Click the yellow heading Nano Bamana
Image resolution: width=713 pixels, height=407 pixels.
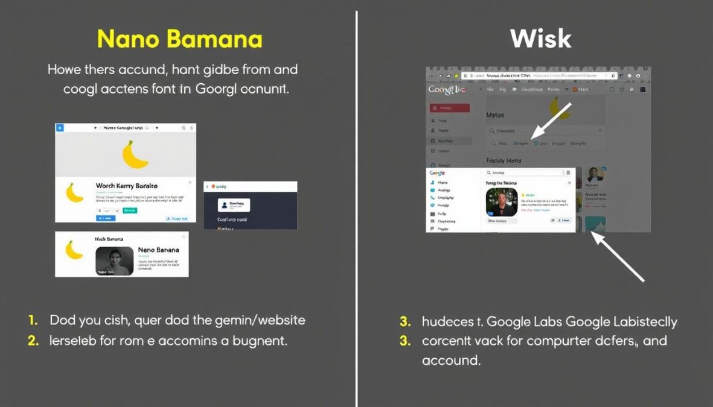pos(179,39)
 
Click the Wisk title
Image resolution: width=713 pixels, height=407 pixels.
pos(540,39)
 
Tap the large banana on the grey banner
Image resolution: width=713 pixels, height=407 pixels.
pos(135,155)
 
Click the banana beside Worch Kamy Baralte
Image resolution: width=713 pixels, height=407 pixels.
pos(74,192)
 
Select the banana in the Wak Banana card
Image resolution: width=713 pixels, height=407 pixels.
pos(74,250)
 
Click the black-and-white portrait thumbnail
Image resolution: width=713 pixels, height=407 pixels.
pos(114,260)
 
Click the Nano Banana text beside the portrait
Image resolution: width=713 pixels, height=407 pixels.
pos(158,250)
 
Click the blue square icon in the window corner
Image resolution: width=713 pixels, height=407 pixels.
pos(59,128)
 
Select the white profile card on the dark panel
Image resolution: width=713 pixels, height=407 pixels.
pos(234,205)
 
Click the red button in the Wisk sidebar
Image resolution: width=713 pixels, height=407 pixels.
pos(449,108)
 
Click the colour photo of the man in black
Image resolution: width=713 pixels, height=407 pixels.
pos(502,202)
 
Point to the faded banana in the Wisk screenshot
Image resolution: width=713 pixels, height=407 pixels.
pos(559,108)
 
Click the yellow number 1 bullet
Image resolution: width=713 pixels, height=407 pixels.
pos(33,320)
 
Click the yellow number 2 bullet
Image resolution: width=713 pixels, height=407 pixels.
pos(33,341)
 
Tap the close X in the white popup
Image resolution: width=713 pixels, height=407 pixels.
pos(568,182)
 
